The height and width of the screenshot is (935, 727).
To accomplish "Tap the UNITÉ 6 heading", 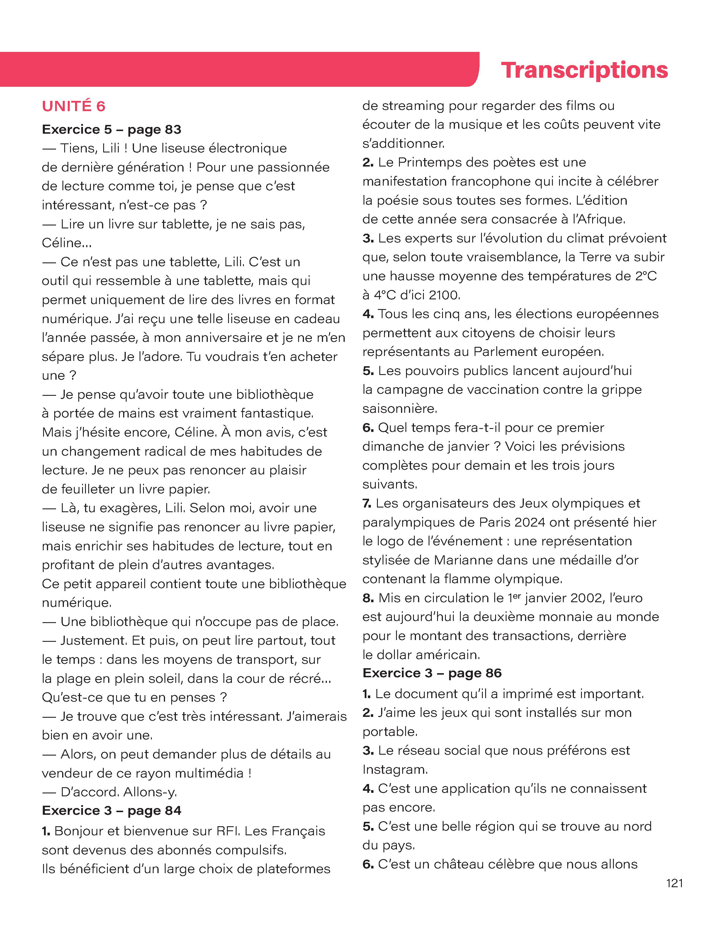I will [x=74, y=106].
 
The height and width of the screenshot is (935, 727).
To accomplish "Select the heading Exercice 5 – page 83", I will [x=111, y=129].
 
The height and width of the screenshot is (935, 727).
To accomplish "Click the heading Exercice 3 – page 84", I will [x=111, y=810].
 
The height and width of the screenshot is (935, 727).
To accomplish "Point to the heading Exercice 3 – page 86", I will [x=432, y=673].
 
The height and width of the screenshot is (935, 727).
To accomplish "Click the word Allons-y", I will [x=150, y=792].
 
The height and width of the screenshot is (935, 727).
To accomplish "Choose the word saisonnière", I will [x=400, y=408].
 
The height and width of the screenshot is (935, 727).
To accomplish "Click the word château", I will [x=462, y=864].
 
